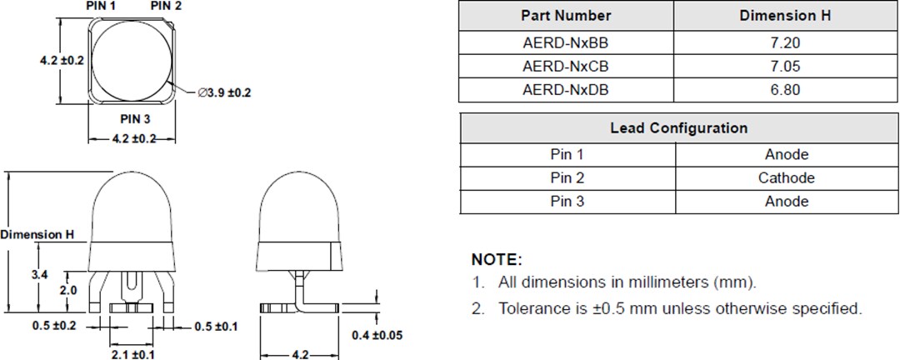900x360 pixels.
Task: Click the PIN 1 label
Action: coord(102,6)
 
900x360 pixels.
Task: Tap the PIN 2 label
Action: coord(167,6)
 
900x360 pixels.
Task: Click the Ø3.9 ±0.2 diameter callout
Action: coord(224,92)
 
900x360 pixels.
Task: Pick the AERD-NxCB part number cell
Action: coord(566,66)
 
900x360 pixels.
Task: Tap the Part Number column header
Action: coord(566,16)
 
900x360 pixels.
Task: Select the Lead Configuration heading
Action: coord(678,128)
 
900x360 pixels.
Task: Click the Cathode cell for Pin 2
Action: coord(786,177)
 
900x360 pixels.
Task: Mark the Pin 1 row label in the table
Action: coord(567,154)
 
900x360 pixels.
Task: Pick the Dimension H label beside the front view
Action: coord(37,235)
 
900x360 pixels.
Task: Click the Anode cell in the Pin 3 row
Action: coord(786,201)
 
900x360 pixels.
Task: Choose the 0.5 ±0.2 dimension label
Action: coord(55,326)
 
